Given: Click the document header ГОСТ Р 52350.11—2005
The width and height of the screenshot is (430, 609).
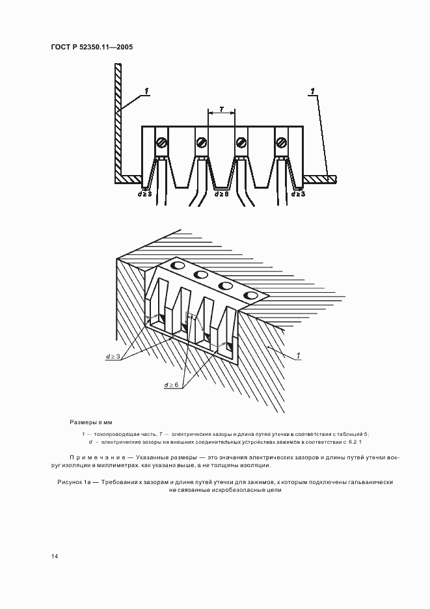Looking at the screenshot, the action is click(92, 47).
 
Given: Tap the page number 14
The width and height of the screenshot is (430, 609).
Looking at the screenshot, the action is click(55, 556).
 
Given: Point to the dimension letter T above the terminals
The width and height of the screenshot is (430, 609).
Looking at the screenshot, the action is click(221, 109).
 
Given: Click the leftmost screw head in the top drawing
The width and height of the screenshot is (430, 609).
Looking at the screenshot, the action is click(161, 142).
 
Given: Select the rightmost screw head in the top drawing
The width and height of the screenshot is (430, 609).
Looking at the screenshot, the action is click(282, 142).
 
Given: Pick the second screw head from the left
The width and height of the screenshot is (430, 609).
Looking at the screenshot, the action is click(201, 142).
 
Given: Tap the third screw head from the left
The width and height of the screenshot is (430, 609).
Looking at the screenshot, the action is click(241, 142).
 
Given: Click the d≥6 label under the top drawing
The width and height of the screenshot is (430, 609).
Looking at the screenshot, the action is click(221, 193).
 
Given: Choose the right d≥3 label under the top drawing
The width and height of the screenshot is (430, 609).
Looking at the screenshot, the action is click(298, 193).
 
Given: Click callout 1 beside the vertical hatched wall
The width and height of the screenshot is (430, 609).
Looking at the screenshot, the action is click(146, 91).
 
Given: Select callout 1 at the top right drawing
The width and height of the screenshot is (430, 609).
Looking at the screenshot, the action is click(312, 91).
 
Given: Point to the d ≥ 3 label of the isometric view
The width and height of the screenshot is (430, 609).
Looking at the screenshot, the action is click(113, 356).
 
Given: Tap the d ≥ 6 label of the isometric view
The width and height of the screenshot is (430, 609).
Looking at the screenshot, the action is click(171, 385).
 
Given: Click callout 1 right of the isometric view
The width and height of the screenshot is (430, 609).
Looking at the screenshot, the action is click(298, 355).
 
